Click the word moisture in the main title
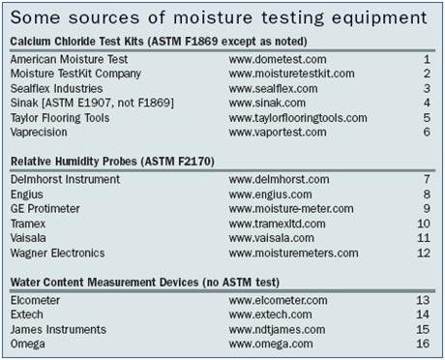coord(213,17)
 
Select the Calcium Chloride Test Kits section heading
coord(159,42)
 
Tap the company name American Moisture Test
coord(69,59)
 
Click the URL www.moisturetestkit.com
coord(291,74)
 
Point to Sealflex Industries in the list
coord(56,88)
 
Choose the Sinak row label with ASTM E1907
coord(92,104)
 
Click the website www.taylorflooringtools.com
coord(298,118)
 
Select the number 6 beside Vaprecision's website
coord(427,132)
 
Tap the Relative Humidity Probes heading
coord(112,162)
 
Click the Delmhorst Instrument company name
coord(65,179)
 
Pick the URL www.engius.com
coord(270,195)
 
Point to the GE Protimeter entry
coord(45,209)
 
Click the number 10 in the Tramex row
coord(424,224)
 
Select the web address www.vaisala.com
coord(271,238)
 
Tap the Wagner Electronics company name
coord(57,253)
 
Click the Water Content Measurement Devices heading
coord(145,283)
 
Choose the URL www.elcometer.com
coord(278,300)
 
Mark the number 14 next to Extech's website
coord(423,315)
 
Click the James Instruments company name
coord(58,329)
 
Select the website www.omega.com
coord(271,344)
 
